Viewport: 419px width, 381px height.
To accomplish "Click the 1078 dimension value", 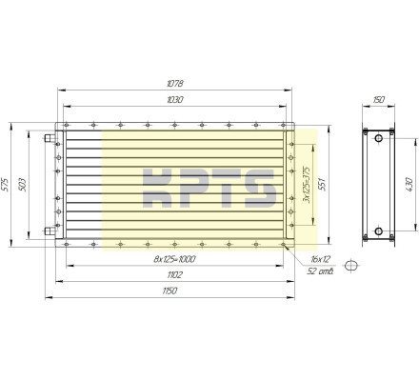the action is [x=175, y=84].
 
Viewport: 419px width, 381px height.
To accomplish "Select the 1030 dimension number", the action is [x=175, y=100].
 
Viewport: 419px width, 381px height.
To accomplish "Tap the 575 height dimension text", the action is [x=6, y=185].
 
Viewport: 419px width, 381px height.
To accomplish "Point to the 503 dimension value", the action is [x=23, y=185].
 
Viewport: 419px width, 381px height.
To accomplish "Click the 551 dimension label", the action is [x=322, y=185].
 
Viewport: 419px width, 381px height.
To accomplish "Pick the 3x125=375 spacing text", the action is [x=307, y=185].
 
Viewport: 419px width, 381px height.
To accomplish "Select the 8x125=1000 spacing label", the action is [x=174, y=259].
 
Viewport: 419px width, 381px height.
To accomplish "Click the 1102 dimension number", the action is [x=174, y=274].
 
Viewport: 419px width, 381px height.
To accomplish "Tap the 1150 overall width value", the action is [x=170, y=291].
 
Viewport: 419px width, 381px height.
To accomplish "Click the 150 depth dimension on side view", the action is [x=379, y=100].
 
